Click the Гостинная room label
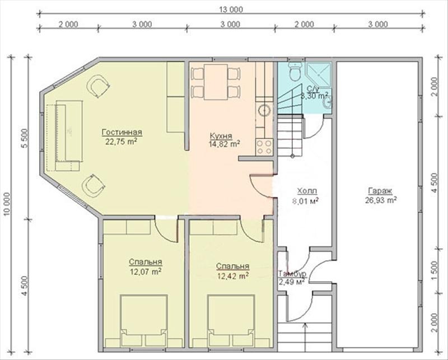point(122,132)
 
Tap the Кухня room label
point(221,135)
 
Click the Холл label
point(307,191)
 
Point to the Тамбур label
point(292,273)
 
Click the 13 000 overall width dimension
point(231,10)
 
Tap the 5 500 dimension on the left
point(25,138)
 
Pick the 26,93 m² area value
point(381,200)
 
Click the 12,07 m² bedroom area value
point(146,271)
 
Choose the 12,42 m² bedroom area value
point(232,275)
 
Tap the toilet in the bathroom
point(295,72)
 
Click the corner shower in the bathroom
point(318,74)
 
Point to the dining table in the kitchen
point(216,82)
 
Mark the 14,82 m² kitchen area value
point(224,144)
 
